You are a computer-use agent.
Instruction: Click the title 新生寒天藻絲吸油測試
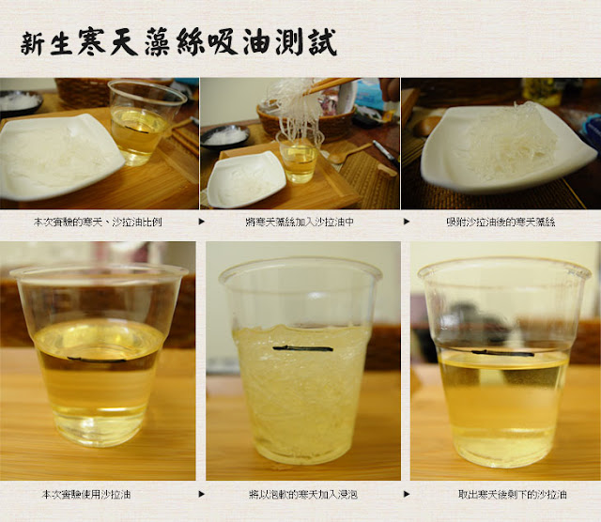point(178,42)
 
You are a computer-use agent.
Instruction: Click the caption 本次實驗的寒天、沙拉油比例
point(98,222)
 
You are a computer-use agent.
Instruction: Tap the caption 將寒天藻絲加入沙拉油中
point(300,222)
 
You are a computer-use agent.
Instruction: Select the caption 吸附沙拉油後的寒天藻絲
point(501,222)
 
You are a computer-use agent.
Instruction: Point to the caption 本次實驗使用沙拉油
point(86,495)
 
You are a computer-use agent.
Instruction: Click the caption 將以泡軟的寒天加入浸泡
point(302,495)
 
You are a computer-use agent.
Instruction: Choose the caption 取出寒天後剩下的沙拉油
point(513,495)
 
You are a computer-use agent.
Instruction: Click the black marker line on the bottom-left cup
point(97,360)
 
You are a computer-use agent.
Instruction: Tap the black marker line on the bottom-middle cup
point(302,348)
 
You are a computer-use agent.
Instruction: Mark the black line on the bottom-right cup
point(502,353)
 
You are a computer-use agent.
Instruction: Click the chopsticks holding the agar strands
point(330,85)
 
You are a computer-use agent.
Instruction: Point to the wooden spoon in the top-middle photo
point(348,153)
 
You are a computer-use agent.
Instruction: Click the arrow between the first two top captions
point(202,222)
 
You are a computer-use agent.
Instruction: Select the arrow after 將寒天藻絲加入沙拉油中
point(407,222)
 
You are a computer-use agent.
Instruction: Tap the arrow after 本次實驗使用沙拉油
point(202,495)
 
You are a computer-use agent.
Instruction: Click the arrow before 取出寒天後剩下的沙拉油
point(407,495)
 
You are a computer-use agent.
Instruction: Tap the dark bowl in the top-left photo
point(20,102)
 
